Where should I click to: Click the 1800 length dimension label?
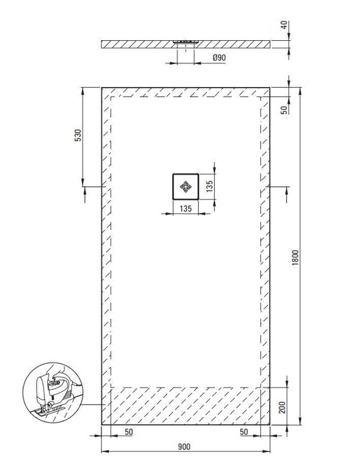[x=295, y=257]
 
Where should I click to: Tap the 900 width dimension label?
[x=184, y=447]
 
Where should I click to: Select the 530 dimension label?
[x=78, y=135]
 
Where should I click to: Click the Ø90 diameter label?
[x=219, y=57]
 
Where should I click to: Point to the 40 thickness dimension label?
[x=284, y=25]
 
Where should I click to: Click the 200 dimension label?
[x=282, y=407]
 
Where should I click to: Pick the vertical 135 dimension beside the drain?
[x=209, y=186]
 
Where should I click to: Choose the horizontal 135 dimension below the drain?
[x=186, y=209]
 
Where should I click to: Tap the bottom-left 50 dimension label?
[x=129, y=432]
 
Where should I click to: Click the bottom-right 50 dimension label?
[x=244, y=432]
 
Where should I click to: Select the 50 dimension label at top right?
[x=284, y=110]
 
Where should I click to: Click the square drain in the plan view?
[x=186, y=186]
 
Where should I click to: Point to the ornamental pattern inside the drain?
[x=186, y=187]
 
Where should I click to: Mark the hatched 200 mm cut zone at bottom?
[x=186, y=406]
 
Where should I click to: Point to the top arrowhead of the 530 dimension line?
[x=83, y=91]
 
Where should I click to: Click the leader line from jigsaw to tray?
[x=92, y=405]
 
